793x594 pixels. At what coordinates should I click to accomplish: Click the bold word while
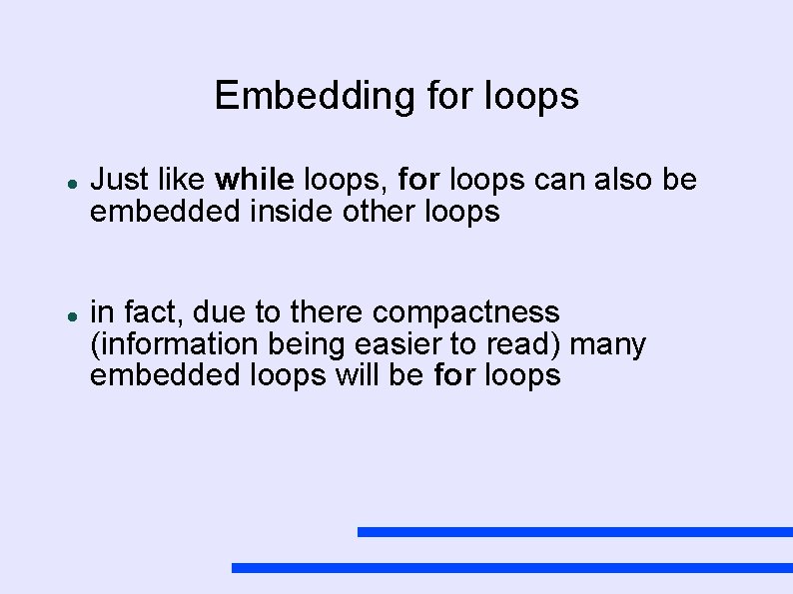255,180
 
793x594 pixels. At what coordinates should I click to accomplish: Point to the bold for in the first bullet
419,180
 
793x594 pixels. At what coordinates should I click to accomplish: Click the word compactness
466,312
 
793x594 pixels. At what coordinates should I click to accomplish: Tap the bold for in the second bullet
455,376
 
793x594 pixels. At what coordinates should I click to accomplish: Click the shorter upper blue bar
574,532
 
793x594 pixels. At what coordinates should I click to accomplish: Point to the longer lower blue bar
511,567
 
